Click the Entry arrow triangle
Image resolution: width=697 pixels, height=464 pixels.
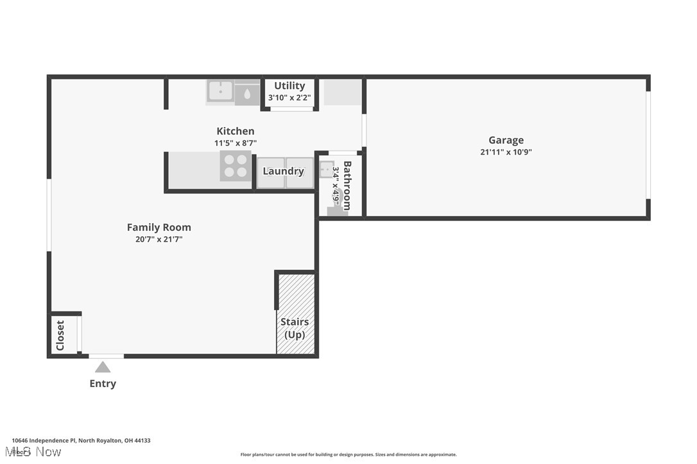pos(103,367)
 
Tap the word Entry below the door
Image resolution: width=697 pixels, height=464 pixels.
pos(103,384)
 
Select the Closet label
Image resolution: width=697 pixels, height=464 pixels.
pos(60,335)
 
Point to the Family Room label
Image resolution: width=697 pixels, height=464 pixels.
pos(159,228)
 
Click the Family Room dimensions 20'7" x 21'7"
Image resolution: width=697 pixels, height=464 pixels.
pos(159,240)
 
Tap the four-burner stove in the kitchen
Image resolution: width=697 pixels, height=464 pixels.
pos(235,166)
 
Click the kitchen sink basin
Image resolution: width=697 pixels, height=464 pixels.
pos(220,91)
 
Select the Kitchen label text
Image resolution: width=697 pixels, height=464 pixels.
pos(235,131)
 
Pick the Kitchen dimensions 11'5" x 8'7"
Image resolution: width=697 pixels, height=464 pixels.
pos(235,144)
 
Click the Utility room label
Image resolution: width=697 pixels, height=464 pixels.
pos(289,86)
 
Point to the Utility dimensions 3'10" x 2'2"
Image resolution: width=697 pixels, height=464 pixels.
pos(289,98)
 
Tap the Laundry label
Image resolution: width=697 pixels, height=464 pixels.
pos(283,171)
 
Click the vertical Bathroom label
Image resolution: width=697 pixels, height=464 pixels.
pos(347,186)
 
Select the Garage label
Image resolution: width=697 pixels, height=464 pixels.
pos(506,140)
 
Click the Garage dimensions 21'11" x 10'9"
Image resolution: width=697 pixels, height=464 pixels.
pos(506,153)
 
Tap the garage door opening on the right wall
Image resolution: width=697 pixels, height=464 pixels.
pos(648,145)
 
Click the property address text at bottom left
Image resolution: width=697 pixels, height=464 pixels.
pos(81,441)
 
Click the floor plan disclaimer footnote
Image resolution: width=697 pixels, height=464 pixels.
pos(348,455)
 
